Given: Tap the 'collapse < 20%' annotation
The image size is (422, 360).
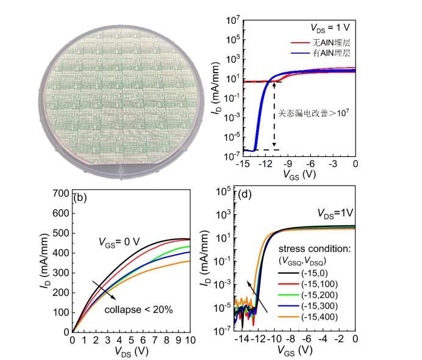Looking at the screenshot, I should pyautogui.click(x=138, y=309).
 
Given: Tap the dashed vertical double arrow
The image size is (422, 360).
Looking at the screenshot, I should pyautogui.click(x=274, y=116).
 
